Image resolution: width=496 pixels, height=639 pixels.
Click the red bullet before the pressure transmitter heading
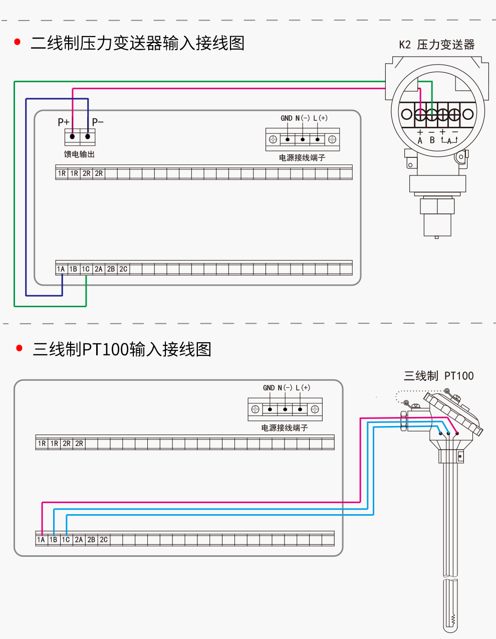[18, 42]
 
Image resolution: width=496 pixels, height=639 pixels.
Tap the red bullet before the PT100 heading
[20, 348]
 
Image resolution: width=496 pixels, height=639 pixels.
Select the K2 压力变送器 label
[436, 45]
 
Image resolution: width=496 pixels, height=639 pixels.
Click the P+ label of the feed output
[64, 122]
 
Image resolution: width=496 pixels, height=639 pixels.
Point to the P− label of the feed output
[98, 122]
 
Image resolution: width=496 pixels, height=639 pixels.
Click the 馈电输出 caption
[79, 154]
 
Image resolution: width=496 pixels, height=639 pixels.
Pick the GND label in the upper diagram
[286, 118]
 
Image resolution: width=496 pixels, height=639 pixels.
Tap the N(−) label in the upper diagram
[303, 118]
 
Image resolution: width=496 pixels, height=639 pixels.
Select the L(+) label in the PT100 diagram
[303, 388]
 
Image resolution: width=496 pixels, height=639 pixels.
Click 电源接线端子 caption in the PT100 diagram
[285, 428]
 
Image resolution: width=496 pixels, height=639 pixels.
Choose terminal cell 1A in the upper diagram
[61, 269]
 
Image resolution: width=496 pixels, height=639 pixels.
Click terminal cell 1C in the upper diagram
[86, 269]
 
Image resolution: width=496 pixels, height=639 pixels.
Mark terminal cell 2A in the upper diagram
[99, 269]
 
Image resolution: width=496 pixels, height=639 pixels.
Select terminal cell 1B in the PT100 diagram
[54, 540]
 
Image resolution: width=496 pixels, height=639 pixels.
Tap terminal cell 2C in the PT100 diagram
[104, 540]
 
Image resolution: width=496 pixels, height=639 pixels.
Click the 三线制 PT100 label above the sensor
[438, 376]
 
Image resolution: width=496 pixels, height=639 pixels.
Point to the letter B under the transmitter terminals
[432, 140]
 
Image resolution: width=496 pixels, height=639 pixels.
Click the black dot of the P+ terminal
[73, 136]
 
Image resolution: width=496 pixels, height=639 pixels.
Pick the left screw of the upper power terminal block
[273, 139]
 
